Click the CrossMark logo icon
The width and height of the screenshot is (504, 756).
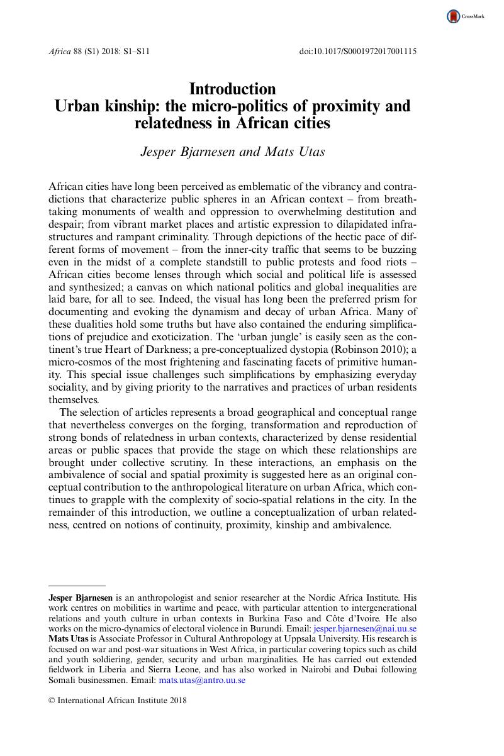pos(454,17)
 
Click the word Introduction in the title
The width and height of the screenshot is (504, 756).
pos(232,89)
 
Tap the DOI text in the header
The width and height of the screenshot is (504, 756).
pos(357,51)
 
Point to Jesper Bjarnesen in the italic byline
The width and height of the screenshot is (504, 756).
pos(187,151)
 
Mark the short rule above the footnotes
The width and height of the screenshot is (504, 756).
pos(77,586)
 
